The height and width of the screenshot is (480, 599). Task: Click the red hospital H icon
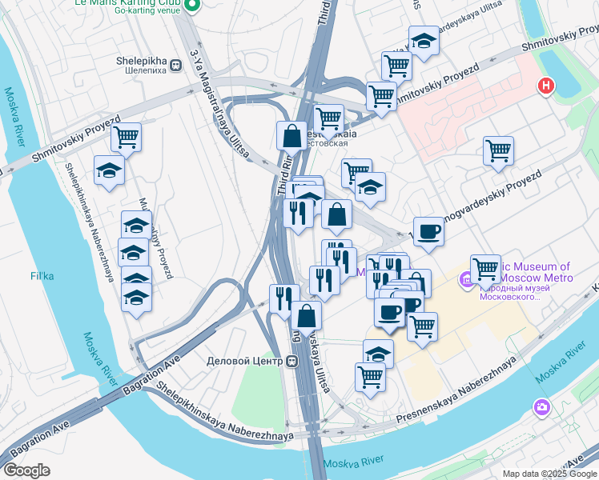point(547,85)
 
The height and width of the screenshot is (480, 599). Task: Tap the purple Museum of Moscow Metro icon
point(466,281)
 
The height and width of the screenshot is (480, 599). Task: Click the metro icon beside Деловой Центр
point(293,361)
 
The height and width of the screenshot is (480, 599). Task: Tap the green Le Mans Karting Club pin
point(191,6)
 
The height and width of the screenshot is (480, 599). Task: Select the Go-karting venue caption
point(148,11)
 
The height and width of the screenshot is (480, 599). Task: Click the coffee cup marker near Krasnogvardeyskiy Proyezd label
point(428,231)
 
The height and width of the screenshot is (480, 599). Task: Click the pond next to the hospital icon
point(565,63)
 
